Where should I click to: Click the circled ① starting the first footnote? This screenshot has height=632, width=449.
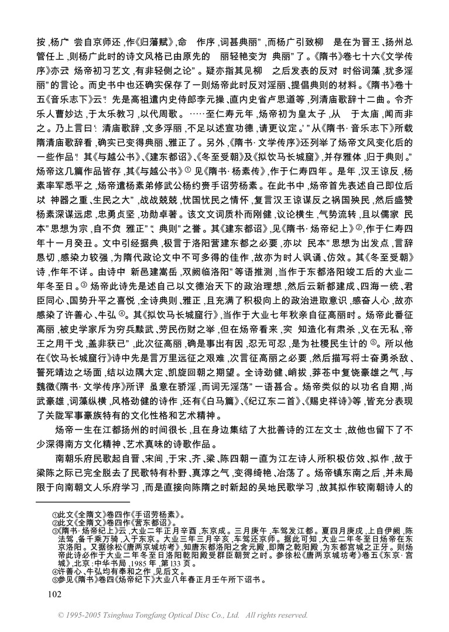[x=55, y=514]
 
